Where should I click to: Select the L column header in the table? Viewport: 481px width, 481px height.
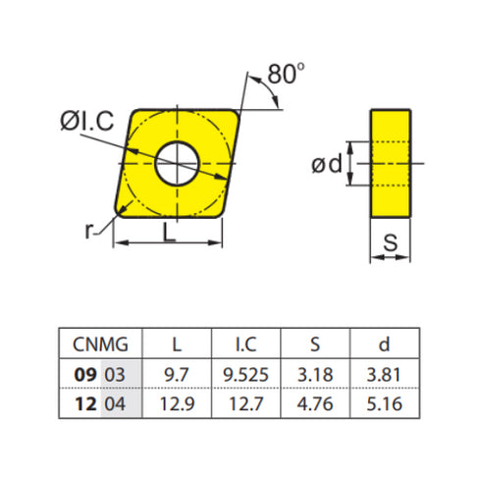[x=177, y=345]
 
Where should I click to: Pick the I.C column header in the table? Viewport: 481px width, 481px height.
[x=245, y=345]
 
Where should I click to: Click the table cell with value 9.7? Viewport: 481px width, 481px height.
[x=177, y=375]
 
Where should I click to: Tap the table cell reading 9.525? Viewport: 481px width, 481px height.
[x=245, y=375]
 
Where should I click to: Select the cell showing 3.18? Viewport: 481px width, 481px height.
[x=315, y=375]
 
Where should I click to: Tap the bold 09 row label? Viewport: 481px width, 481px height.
[x=85, y=375]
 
